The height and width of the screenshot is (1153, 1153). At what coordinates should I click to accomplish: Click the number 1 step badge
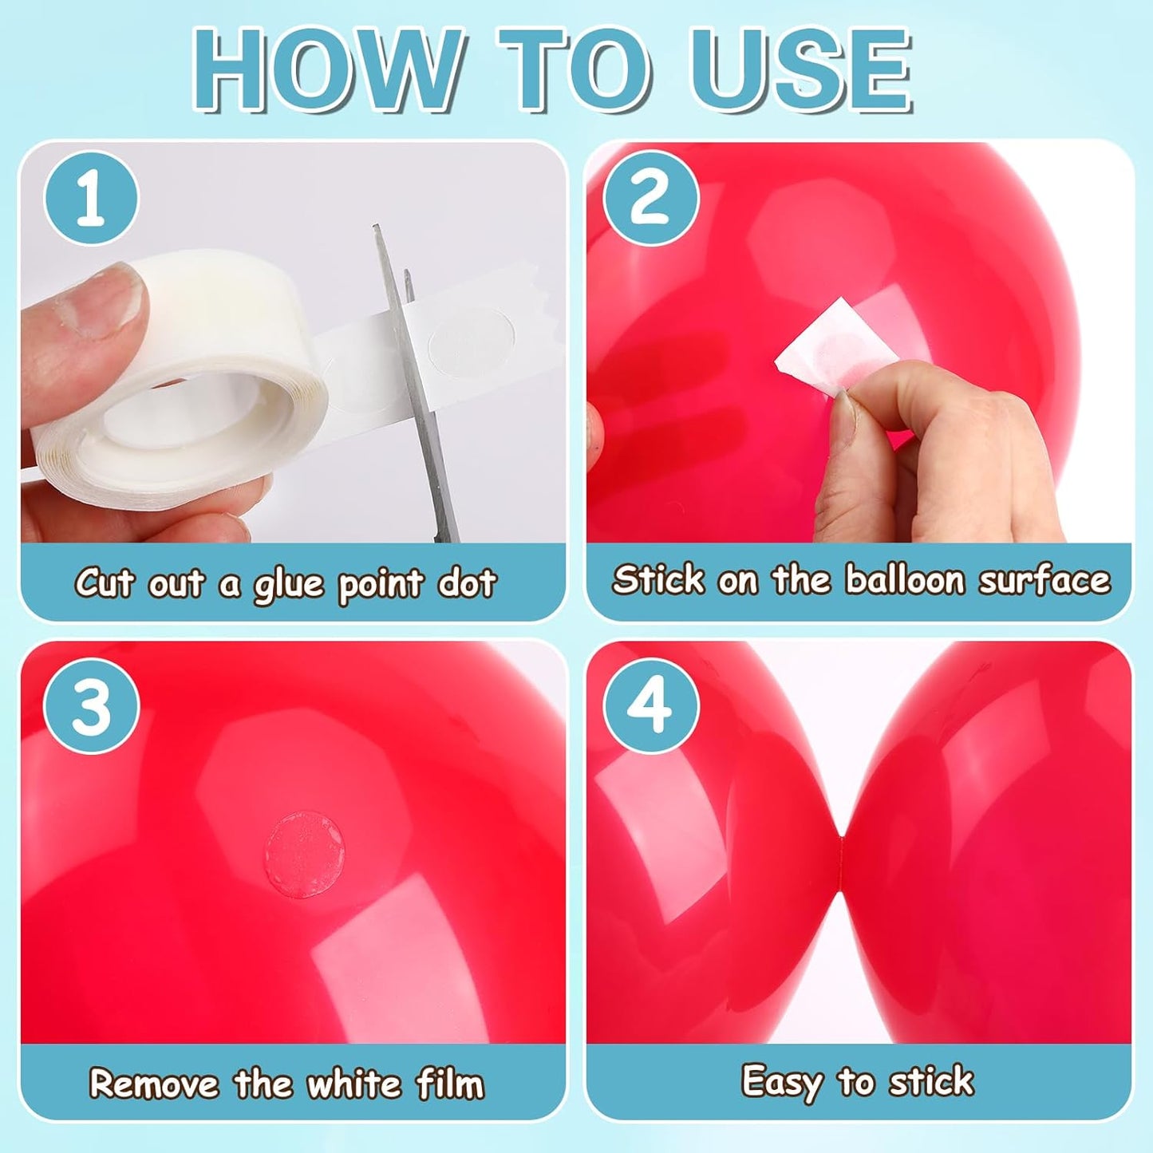[x=91, y=198]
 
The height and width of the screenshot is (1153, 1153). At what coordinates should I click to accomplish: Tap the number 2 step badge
[x=650, y=198]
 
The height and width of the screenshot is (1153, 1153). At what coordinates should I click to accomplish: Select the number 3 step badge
[x=91, y=706]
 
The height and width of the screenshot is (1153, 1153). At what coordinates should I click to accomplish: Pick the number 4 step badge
[x=650, y=706]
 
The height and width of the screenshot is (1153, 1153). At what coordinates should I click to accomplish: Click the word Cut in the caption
[x=103, y=582]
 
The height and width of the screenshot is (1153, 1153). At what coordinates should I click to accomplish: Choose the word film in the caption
[x=450, y=1084]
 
